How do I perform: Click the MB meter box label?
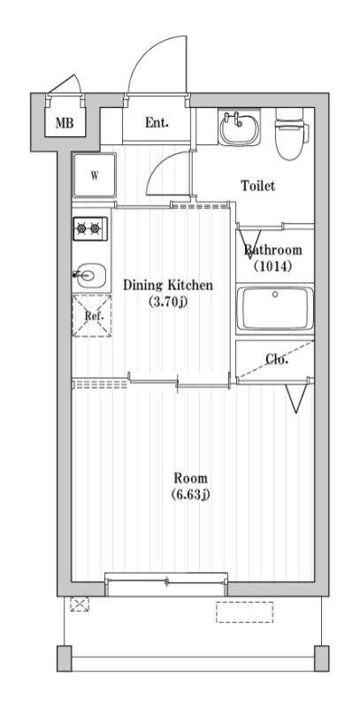65,122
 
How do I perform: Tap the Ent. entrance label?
157,122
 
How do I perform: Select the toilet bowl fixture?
292,134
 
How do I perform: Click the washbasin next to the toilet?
240,127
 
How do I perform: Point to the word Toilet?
257,186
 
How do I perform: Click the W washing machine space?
95,175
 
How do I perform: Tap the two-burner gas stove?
90,229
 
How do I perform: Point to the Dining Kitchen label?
168,285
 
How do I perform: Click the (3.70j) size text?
168,302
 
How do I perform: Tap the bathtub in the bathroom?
275,309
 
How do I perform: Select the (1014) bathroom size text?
273,266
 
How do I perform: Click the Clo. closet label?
277,360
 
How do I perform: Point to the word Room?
191,478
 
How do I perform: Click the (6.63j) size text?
191,495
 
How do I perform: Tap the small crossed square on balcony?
80,604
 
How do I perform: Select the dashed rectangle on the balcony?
244,612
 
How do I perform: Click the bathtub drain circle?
275,295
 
